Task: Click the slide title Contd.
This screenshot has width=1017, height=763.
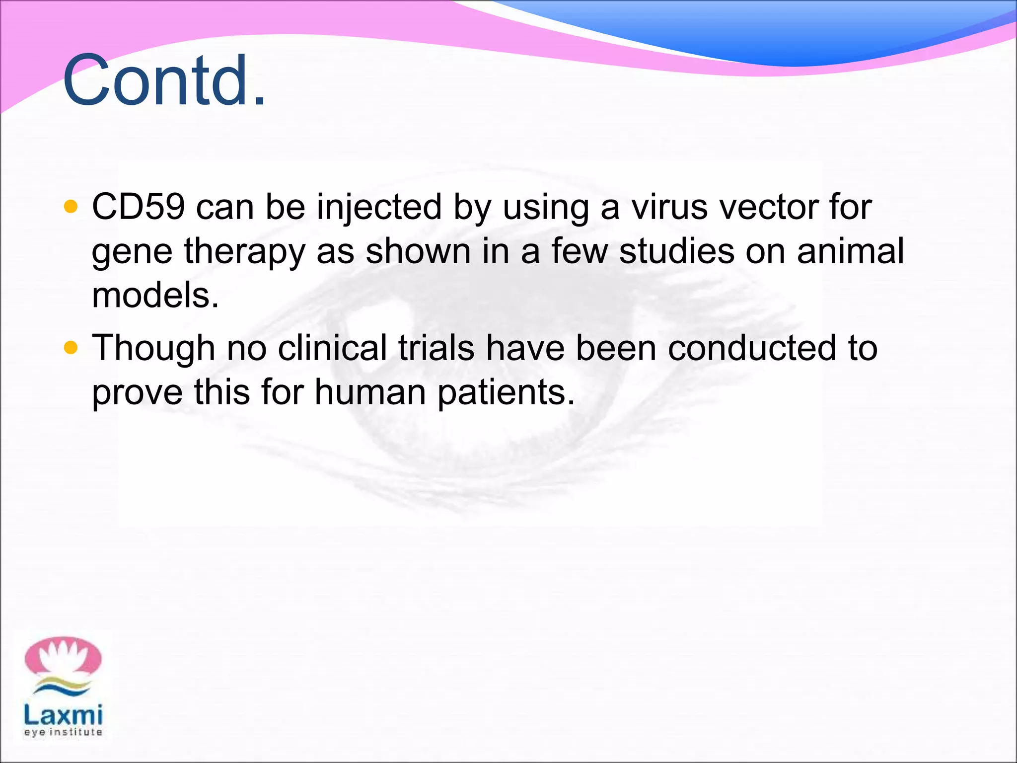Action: click(x=164, y=81)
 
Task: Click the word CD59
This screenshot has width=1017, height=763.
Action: click(x=138, y=207)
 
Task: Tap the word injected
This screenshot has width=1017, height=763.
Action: click(x=379, y=208)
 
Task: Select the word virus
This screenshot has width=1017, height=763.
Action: click(x=669, y=207)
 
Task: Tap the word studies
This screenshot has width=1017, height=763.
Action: click(x=676, y=251)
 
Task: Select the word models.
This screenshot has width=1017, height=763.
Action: click(x=155, y=295)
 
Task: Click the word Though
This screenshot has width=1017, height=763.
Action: click(x=153, y=349)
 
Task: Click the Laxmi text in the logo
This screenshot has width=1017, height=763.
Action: click(x=63, y=715)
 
